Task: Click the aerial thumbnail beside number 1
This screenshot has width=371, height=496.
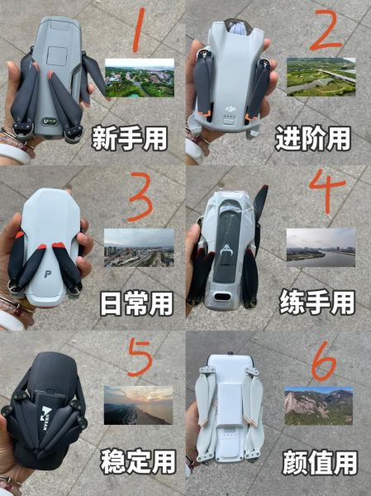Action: coord(140,79)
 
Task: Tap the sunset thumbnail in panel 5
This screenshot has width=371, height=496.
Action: coord(138,405)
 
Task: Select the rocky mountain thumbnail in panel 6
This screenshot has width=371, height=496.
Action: coord(318,406)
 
